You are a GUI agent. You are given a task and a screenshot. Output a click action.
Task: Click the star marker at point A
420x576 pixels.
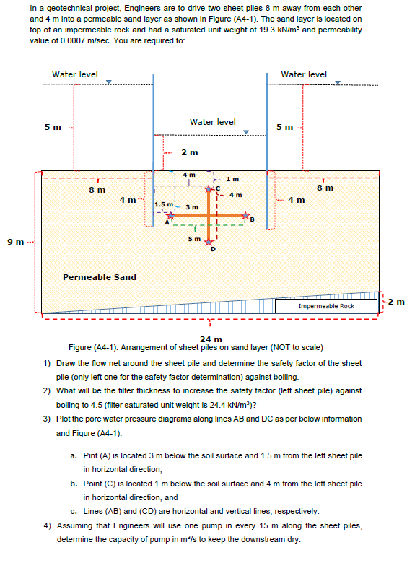(171, 215)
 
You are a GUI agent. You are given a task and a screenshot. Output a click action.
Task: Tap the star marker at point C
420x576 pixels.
(209, 189)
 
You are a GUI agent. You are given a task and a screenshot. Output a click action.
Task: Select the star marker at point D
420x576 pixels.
(209, 242)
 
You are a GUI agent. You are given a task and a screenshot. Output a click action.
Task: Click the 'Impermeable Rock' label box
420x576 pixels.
(326, 306)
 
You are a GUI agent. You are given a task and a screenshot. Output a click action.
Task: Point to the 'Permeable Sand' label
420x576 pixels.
(100, 276)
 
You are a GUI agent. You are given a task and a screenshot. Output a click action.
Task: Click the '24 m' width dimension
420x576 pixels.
(210, 339)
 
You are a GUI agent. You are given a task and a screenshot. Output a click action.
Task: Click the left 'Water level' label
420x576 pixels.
(75, 74)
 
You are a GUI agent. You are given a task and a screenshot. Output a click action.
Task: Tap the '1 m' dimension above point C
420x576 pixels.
(232, 179)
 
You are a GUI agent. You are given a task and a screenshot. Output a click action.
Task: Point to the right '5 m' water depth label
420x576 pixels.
(286, 127)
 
